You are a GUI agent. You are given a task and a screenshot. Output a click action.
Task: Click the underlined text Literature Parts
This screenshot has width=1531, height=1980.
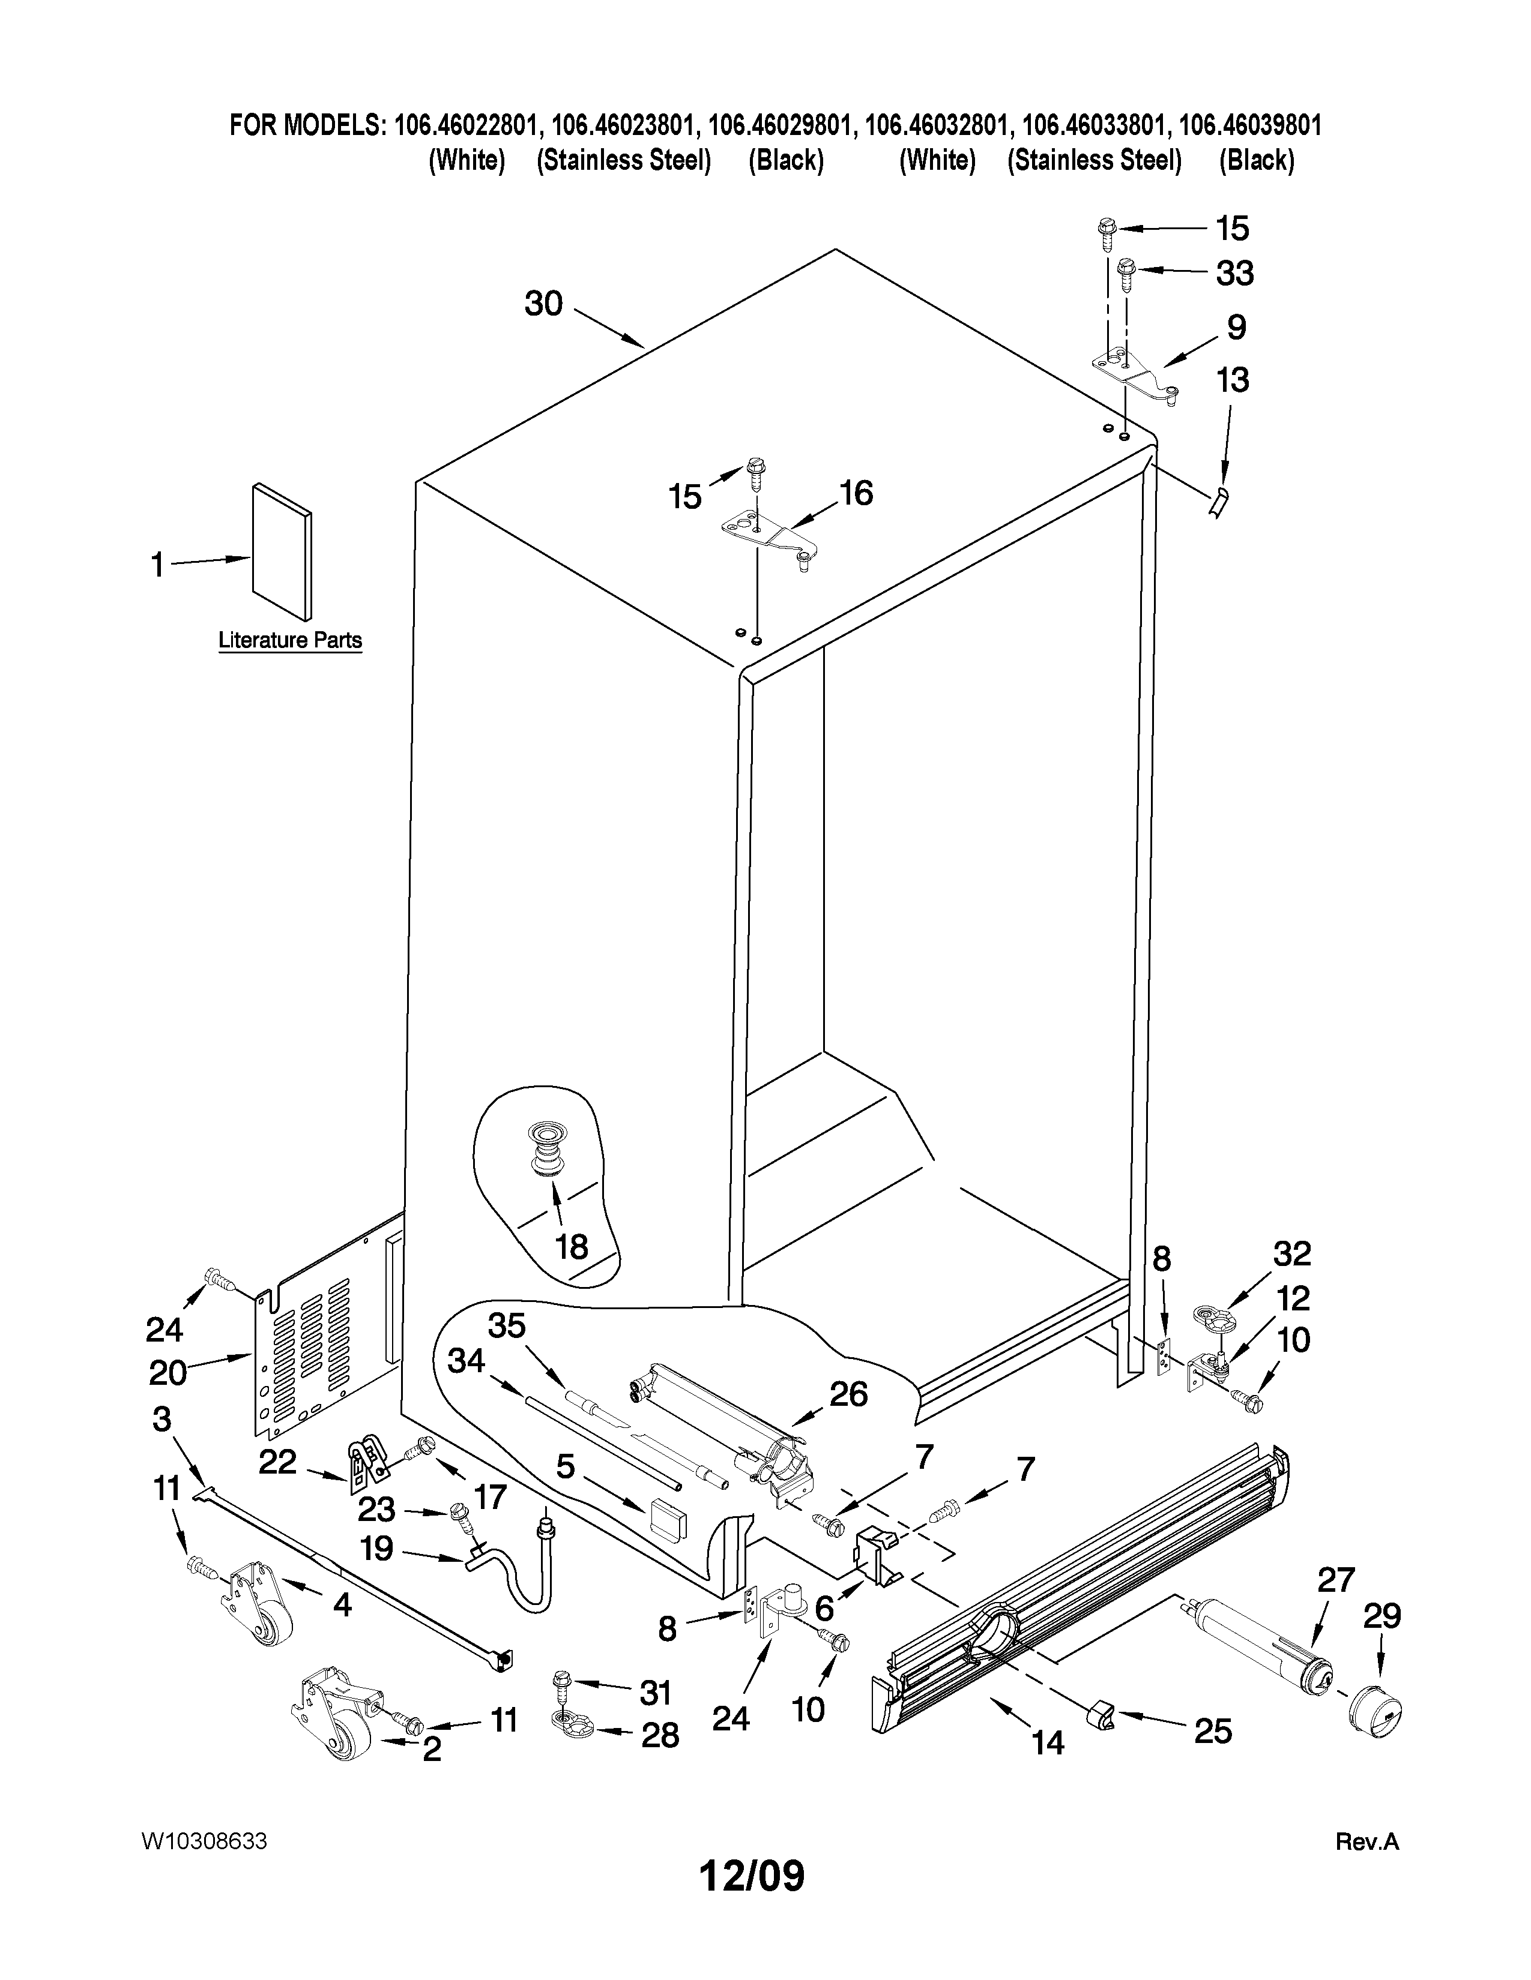(x=290, y=640)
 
